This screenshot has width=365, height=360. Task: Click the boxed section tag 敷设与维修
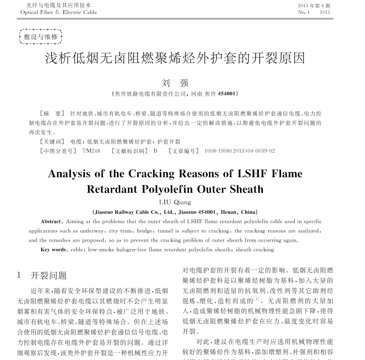[41, 37]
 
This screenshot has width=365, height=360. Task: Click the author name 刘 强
[175, 83]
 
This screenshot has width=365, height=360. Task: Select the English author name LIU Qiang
[175, 202]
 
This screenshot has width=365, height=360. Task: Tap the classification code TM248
[91, 151]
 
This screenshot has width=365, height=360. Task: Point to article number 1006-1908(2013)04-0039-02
[240, 151]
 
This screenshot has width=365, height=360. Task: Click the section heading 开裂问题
[49, 276]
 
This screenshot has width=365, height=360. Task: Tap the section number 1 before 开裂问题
[19, 275]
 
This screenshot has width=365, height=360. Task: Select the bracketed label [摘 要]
[52, 114]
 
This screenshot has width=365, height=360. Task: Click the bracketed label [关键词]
[52, 142]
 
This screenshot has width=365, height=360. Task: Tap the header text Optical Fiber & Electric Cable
[59, 12]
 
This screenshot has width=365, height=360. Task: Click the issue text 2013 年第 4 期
[314, 6]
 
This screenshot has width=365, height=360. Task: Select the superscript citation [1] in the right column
[256, 299]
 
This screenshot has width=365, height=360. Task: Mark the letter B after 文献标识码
[155, 151]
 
